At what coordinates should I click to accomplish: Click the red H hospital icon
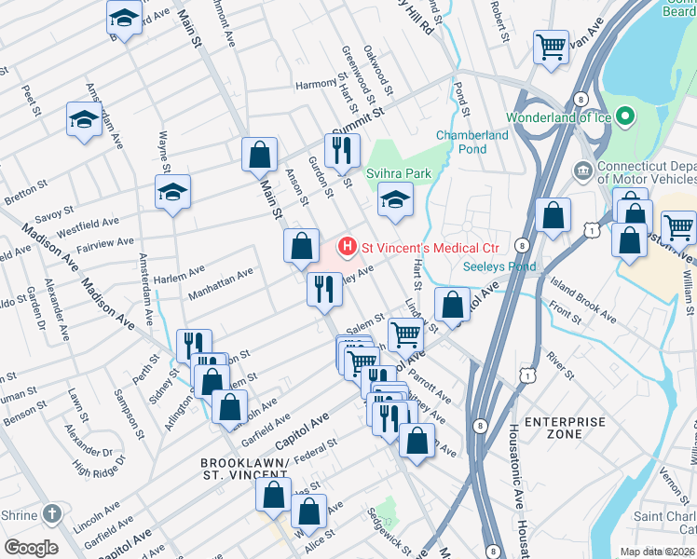[x=347, y=248]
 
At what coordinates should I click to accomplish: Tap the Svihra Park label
[x=398, y=173]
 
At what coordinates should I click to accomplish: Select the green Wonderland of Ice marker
[x=624, y=117]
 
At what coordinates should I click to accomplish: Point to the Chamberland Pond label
[x=472, y=142]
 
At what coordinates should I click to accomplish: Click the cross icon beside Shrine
[x=53, y=513]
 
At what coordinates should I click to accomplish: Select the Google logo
[x=30, y=548]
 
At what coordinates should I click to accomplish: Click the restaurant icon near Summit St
[x=342, y=149]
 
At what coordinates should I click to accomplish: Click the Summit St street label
[x=359, y=125]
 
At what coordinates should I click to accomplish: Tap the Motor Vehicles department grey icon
[x=583, y=171]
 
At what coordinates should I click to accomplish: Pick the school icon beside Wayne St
[x=172, y=192]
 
